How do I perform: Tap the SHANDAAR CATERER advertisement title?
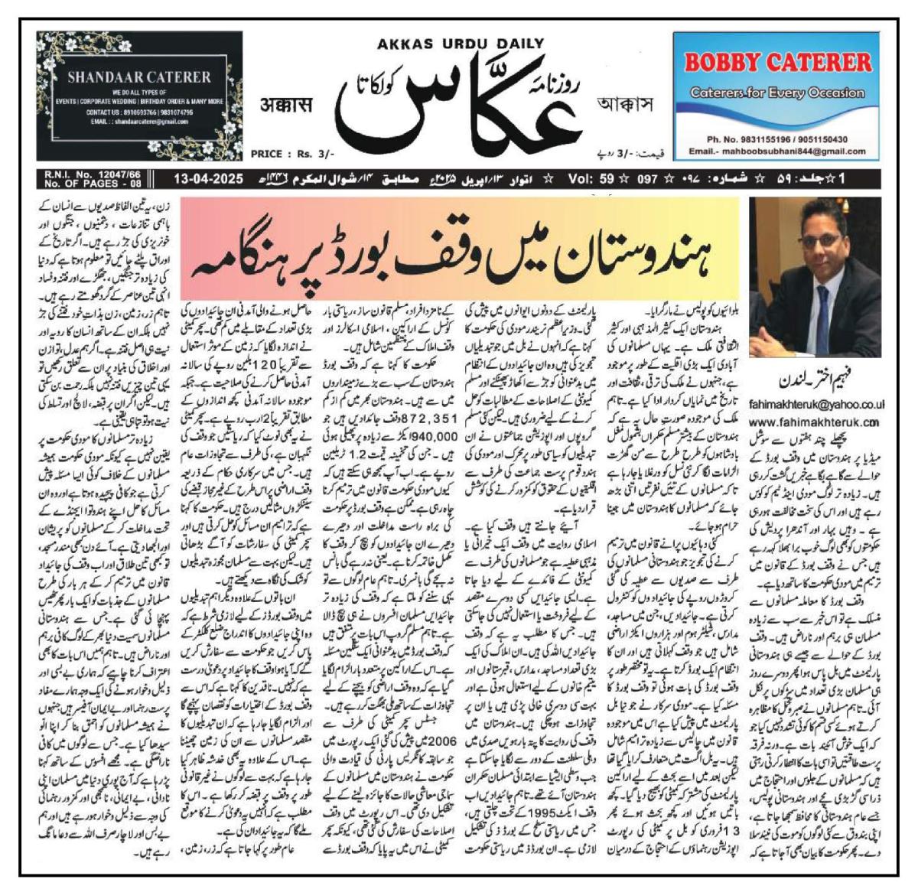click(138, 77)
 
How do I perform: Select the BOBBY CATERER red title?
click(777, 63)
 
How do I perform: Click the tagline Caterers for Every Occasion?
click(777, 93)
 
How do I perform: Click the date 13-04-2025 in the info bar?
click(207, 180)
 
